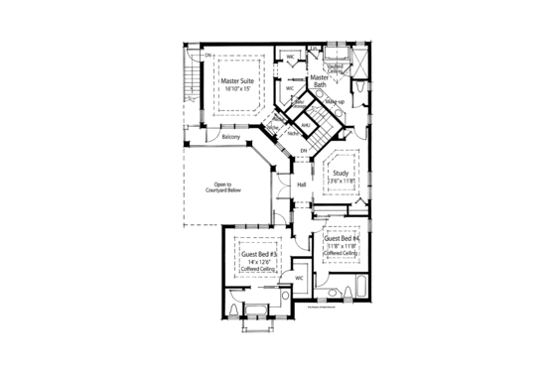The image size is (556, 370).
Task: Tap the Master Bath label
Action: (319, 81)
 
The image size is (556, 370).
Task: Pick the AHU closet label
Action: (307, 125)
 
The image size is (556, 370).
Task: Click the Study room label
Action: (342, 173)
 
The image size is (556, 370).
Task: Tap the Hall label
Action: (300, 185)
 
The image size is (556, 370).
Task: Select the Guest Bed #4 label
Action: (341, 238)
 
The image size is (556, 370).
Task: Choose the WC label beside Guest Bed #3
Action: (298, 279)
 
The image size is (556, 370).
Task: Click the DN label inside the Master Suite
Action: (208, 54)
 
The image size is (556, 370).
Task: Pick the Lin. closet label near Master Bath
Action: (313, 49)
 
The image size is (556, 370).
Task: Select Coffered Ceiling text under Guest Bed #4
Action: (341, 254)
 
